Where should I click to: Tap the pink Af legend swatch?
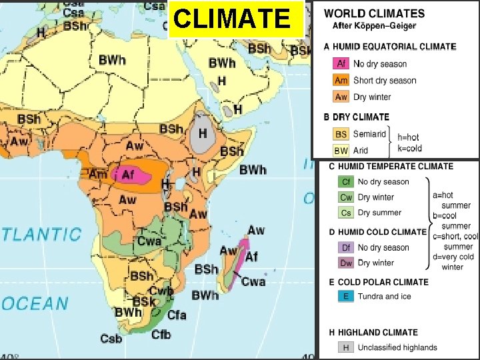[x=341, y=64]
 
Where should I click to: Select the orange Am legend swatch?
[x=341, y=80]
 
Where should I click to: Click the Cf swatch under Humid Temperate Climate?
[x=346, y=181]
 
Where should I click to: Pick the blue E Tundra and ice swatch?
[x=346, y=296]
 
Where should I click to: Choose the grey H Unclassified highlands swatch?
[x=346, y=347]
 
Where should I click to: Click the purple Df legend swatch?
[x=346, y=247]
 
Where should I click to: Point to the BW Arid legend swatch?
[x=341, y=150]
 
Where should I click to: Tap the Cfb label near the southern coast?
[x=161, y=334]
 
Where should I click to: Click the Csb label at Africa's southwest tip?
[x=111, y=339]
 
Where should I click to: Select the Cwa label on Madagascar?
[x=253, y=281]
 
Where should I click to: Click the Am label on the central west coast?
[x=98, y=174]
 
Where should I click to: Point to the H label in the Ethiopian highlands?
[x=203, y=133]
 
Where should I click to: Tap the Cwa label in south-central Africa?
[x=149, y=241]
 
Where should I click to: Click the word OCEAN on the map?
[x=35, y=303]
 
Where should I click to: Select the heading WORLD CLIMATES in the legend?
[x=374, y=13]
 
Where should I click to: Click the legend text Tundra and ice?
[x=384, y=296]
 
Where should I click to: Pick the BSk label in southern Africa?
[x=143, y=302]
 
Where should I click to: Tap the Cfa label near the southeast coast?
[x=177, y=315]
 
